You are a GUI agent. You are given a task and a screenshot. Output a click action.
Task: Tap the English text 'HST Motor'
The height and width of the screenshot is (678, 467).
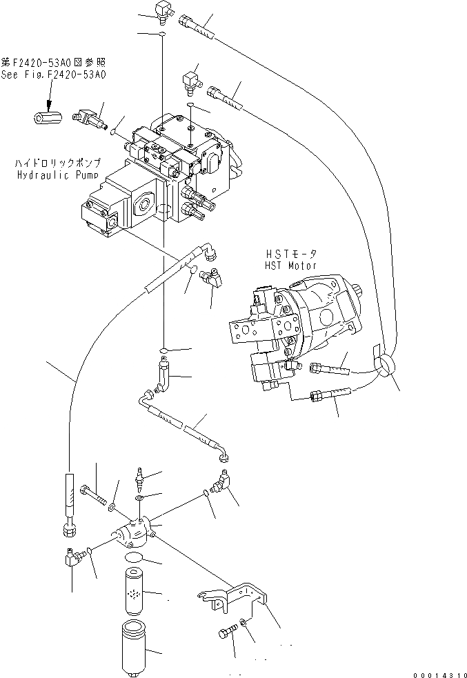290,266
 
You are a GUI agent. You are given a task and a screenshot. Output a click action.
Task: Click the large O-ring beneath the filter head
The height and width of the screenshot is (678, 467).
135,558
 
